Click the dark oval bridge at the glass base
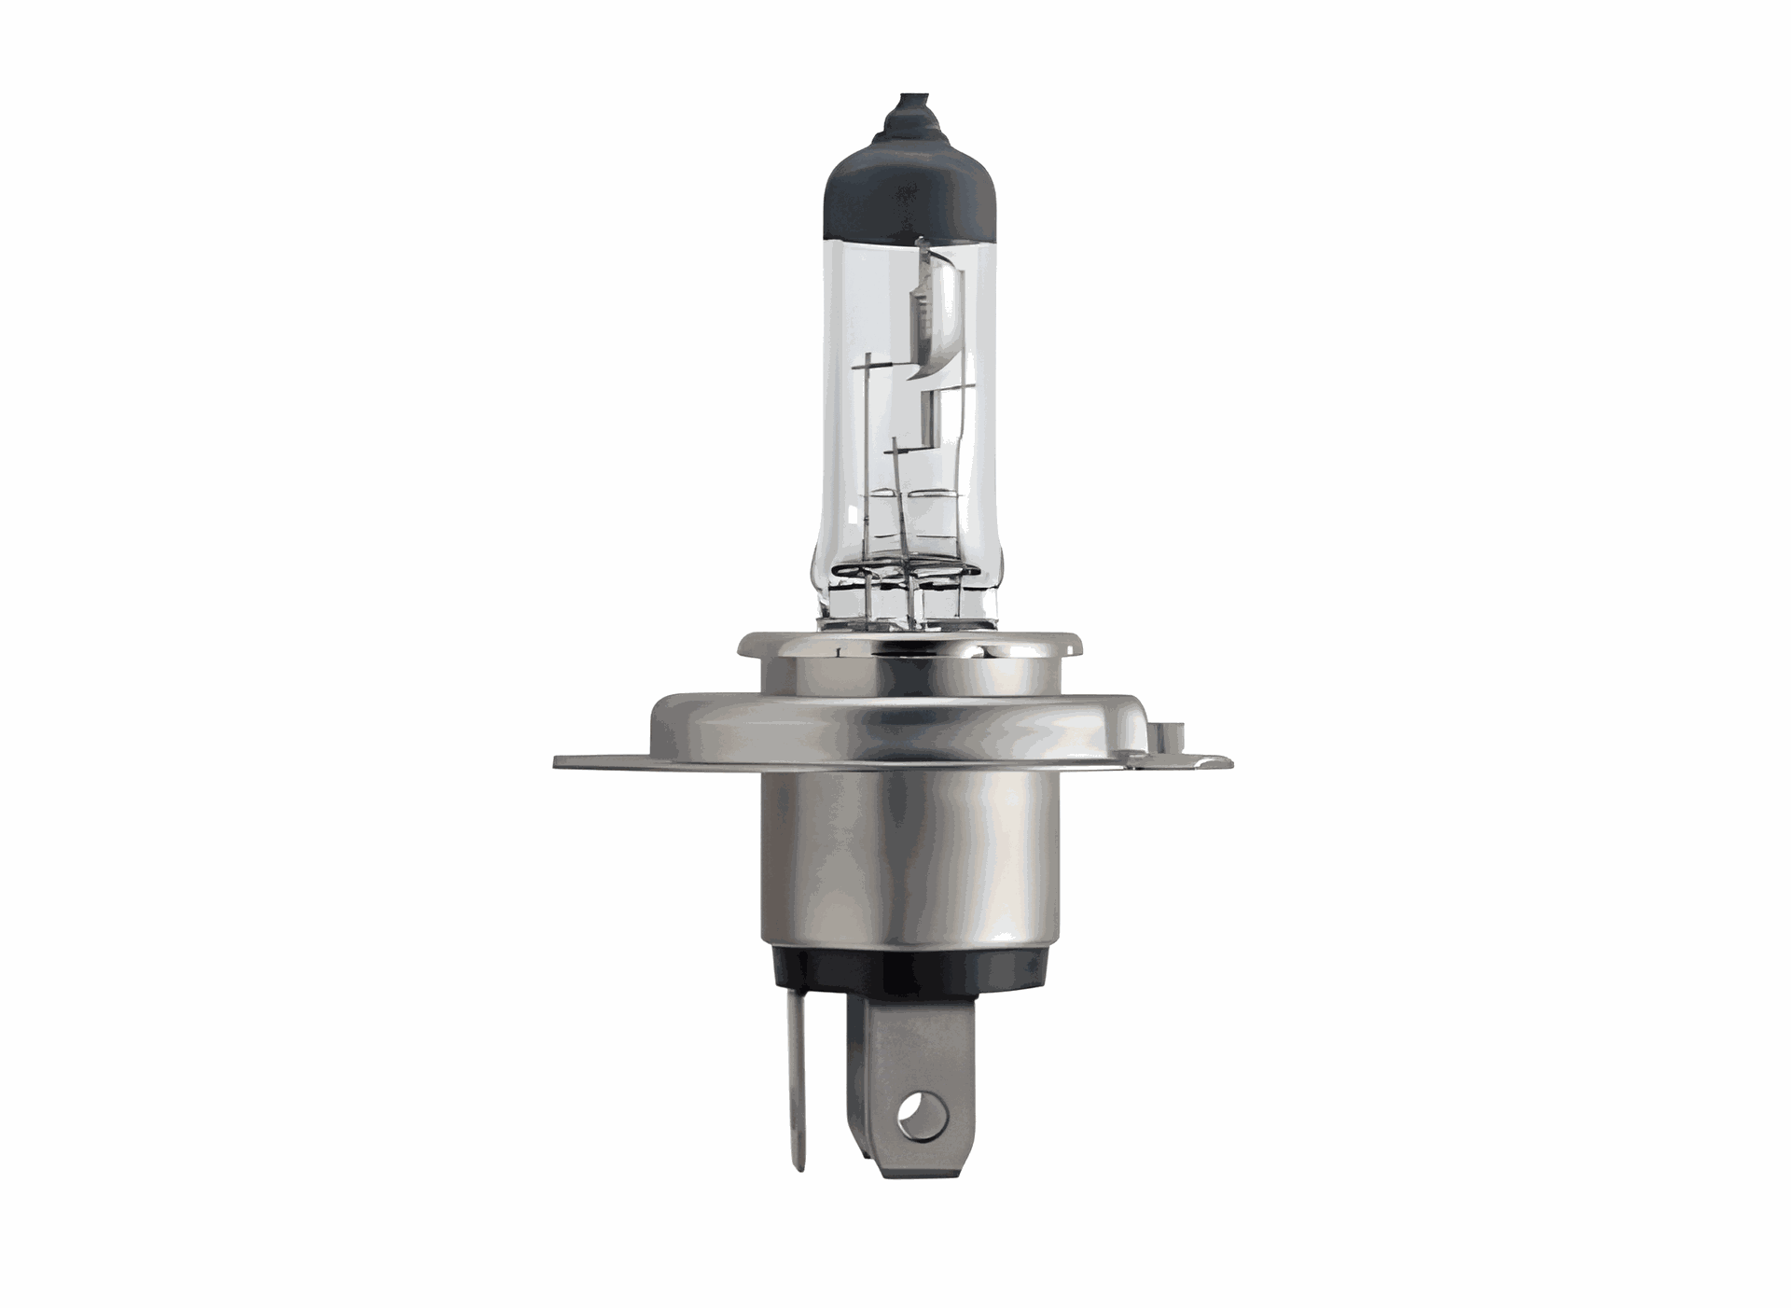tap(895, 571)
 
